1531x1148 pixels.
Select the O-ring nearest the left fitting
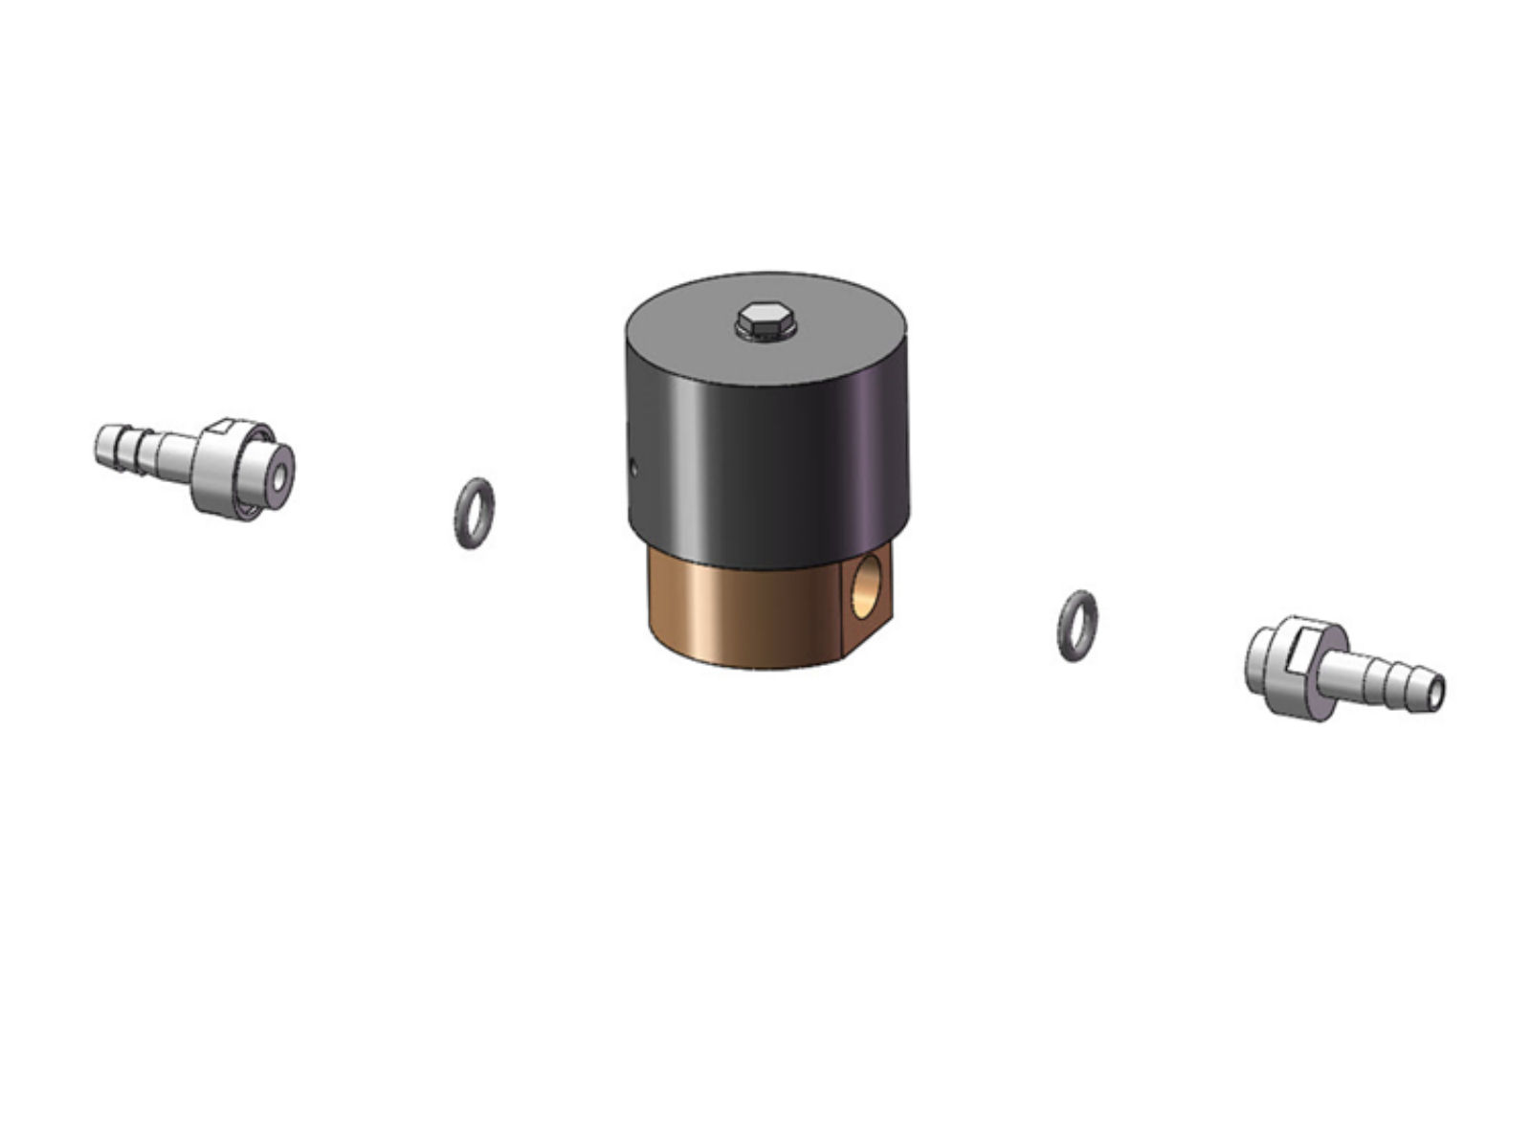[475, 513]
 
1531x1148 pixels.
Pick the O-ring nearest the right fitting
[1077, 625]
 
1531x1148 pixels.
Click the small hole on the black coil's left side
[635, 467]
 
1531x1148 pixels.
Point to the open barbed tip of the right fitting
[1433, 691]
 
